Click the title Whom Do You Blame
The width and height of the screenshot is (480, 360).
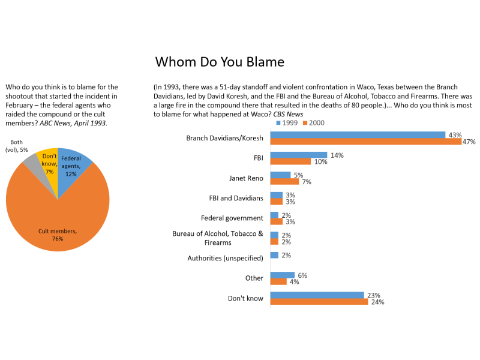point(220,62)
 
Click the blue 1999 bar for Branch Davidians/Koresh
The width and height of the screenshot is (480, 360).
point(358,135)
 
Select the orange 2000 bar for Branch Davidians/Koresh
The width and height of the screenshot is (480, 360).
point(365,142)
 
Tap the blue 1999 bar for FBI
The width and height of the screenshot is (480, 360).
point(299,155)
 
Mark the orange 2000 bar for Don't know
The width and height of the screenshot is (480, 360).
point(319,302)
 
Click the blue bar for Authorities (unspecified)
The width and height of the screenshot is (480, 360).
point(274,255)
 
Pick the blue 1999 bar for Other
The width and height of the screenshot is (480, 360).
point(282,275)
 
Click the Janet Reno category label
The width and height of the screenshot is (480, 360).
point(246,178)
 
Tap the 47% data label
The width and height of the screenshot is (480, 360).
point(469,142)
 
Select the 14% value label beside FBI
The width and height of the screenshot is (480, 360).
point(337,155)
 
